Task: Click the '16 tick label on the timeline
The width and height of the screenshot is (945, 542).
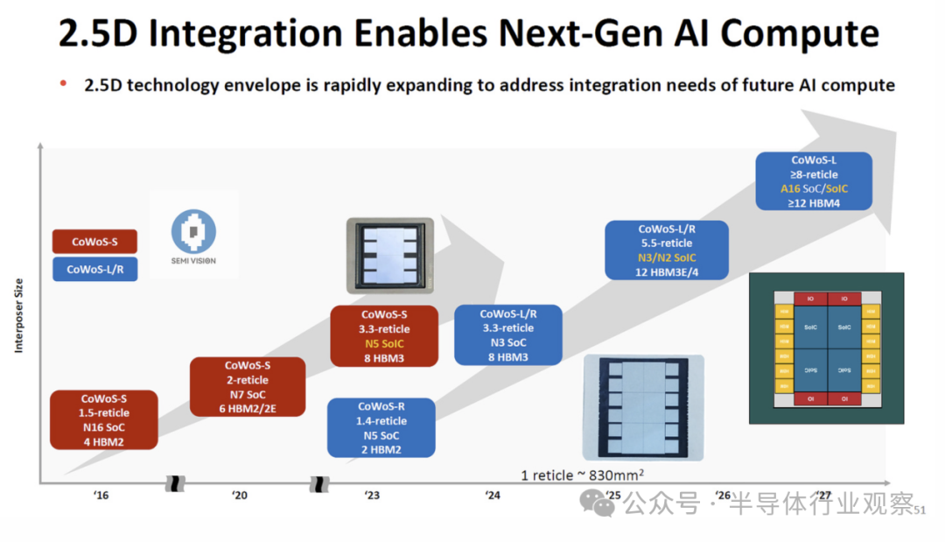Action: click(101, 496)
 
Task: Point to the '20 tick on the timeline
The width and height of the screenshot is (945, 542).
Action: click(240, 496)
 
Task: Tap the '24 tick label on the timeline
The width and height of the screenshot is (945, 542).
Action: click(493, 496)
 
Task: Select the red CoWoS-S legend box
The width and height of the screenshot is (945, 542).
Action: click(94, 242)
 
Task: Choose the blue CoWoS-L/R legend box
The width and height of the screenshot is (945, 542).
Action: click(94, 270)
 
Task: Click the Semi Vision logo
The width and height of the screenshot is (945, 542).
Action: click(193, 234)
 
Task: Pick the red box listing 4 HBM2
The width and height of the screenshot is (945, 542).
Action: click(104, 420)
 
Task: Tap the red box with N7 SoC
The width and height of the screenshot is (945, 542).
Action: click(248, 387)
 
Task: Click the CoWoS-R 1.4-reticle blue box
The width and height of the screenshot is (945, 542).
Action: click(381, 428)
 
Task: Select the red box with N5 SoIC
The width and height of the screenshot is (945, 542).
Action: click(384, 336)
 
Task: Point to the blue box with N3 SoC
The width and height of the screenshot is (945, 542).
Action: click(508, 334)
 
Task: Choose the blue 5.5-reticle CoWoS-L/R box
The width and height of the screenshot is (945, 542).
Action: click(667, 250)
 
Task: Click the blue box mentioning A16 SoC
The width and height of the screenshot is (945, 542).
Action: click(814, 181)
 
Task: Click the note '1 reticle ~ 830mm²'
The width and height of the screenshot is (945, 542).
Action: click(583, 475)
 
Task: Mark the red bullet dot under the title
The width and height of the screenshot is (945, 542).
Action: click(63, 83)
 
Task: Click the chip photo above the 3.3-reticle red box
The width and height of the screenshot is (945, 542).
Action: click(389, 255)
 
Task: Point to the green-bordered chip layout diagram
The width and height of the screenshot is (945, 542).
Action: click(826, 348)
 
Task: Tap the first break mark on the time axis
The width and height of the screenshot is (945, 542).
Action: click(176, 483)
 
